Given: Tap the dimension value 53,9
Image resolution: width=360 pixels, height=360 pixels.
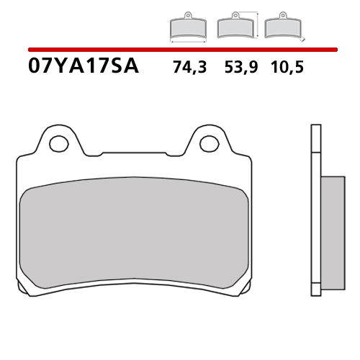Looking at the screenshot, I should click(x=235, y=68).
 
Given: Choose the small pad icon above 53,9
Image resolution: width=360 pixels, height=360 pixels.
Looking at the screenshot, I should click(x=233, y=27).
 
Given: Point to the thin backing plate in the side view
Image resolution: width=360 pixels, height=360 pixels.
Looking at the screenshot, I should click(x=314, y=209).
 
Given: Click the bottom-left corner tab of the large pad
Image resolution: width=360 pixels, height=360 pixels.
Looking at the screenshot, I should click(x=28, y=291).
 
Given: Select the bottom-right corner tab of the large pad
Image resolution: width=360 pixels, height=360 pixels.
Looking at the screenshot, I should click(x=243, y=291).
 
